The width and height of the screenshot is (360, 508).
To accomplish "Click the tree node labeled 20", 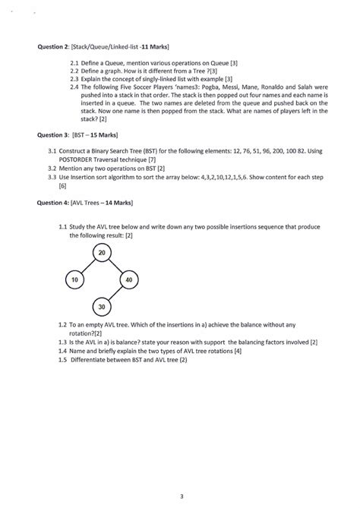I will click(x=101, y=253).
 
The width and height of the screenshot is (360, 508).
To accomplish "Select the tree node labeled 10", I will click(x=74, y=279).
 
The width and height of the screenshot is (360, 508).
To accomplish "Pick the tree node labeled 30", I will click(x=101, y=306).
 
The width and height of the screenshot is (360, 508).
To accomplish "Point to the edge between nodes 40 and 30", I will click(x=115, y=293).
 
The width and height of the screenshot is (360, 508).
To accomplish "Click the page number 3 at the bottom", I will click(x=182, y=475).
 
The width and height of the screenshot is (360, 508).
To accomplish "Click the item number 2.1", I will click(x=74, y=62).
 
